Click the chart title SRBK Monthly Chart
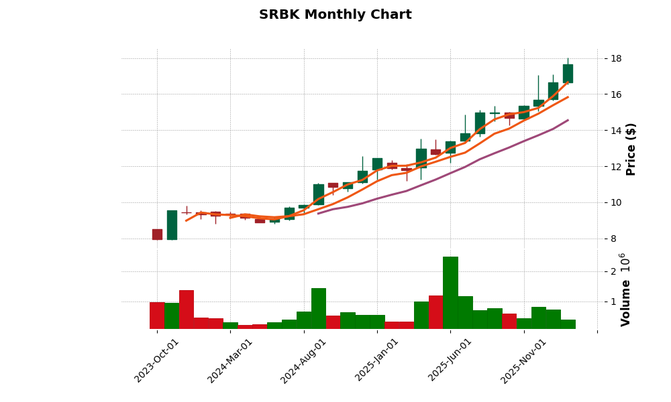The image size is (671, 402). pyautogui.click(x=335, y=15)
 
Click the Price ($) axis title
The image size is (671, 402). pyautogui.click(x=631, y=149)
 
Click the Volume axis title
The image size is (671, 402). pyautogui.click(x=626, y=303)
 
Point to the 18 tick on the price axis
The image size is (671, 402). pyautogui.click(x=616, y=58)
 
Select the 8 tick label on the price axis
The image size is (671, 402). pyautogui.click(x=613, y=239)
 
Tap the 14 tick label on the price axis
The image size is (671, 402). pyautogui.click(x=616, y=131)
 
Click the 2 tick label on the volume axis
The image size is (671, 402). pyautogui.click(x=613, y=271)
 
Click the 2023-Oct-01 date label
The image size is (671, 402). pyautogui.click(x=157, y=360)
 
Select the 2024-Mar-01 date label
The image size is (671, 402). pyautogui.click(x=230, y=360)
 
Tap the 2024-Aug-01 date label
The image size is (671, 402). pyautogui.click(x=303, y=360)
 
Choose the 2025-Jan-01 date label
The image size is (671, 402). pyautogui.click(x=377, y=360)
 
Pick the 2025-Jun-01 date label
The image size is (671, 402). pyautogui.click(x=450, y=360)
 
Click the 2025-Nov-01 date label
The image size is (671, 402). pyautogui.click(x=523, y=360)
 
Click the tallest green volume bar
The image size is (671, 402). pyautogui.click(x=450, y=293)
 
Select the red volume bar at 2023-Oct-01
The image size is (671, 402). pyautogui.click(x=157, y=315)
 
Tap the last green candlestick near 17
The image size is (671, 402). pyautogui.click(x=568, y=74)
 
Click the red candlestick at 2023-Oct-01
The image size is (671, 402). pyautogui.click(x=157, y=234)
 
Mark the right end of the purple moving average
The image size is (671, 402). pyautogui.click(x=568, y=121)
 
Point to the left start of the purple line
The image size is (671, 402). pyautogui.click(x=318, y=213)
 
